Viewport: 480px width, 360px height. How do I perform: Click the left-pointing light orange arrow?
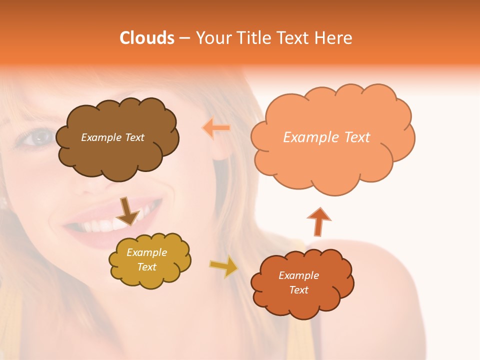(216, 128)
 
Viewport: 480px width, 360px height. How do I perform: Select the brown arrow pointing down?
(127, 211)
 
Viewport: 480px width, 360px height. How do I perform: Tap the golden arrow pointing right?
(223, 266)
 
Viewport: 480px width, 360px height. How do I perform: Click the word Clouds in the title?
(146, 38)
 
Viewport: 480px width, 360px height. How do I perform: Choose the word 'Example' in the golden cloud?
(147, 252)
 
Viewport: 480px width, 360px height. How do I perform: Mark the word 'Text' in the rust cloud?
(298, 290)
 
